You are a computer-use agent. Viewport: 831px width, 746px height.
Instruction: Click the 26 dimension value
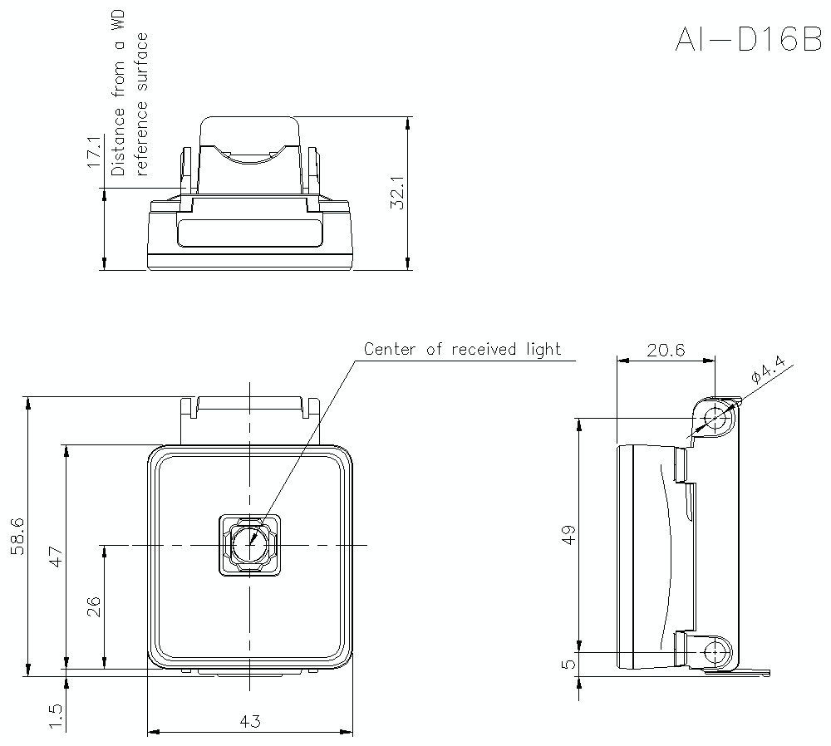93,606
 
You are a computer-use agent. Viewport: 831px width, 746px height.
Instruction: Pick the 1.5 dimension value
55,716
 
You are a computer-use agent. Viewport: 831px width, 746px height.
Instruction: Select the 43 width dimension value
250,722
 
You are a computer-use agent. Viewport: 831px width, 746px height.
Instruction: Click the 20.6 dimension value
666,350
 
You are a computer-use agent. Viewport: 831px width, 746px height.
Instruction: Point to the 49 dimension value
568,535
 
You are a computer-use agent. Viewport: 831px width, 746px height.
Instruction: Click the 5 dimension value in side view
568,665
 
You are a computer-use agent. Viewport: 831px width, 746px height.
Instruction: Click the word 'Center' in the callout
392,349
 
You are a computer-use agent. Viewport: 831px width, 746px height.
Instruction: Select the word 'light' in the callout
543,349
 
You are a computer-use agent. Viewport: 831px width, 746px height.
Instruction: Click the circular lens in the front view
250,545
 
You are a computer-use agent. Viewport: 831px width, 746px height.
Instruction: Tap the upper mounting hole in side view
714,419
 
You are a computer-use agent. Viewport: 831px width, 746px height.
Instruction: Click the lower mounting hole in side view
714,652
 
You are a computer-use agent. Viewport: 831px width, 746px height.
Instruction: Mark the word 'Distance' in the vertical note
118,146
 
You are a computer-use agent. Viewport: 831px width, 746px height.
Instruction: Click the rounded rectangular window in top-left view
250,233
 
